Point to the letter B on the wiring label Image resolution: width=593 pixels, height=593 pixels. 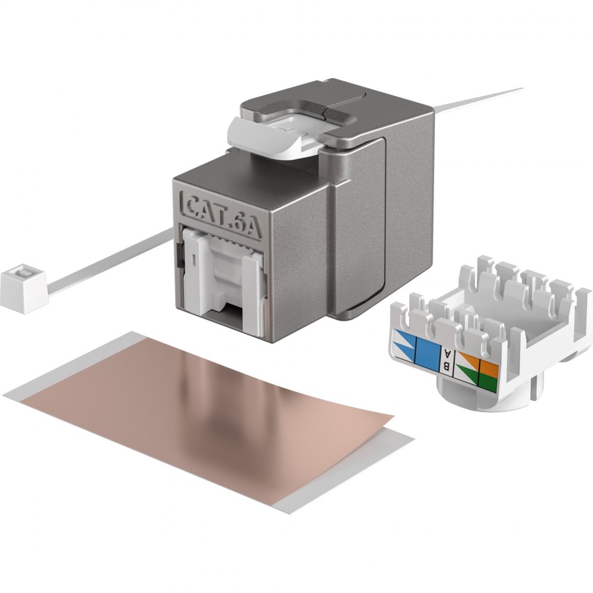coord(447,366)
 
